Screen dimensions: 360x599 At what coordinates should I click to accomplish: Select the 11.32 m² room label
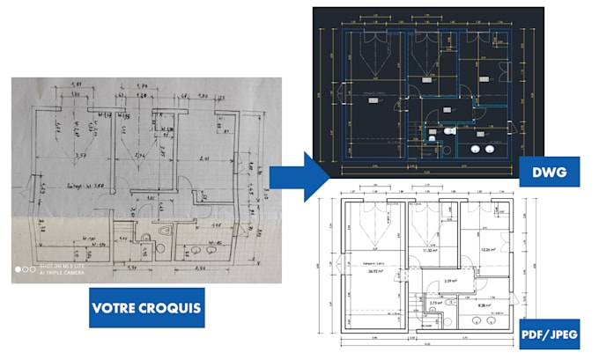(430, 251)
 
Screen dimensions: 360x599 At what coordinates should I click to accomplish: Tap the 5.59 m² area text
(450, 281)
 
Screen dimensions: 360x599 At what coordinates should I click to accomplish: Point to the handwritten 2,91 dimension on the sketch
(204, 158)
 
